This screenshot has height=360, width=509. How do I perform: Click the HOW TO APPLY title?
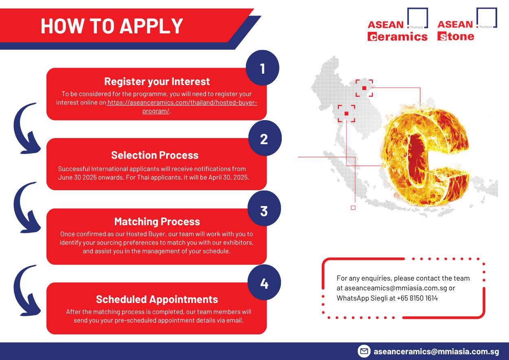pos(112,26)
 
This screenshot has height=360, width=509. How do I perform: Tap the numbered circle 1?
pos(263,68)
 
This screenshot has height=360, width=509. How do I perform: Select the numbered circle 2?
pos(265,138)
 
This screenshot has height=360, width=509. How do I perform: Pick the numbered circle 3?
pos(264,209)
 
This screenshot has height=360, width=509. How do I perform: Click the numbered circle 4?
pos(264,282)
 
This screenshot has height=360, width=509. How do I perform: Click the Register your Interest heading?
pos(157,81)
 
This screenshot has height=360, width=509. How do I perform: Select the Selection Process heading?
pos(155,155)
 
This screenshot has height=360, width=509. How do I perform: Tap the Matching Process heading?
pos(157,222)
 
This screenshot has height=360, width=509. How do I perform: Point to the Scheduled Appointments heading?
pos(157,299)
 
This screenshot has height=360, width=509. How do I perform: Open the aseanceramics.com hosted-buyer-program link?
pos(182,107)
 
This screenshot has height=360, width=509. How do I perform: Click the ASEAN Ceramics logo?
pos(398,24)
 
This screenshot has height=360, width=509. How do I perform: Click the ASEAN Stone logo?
pos(467,24)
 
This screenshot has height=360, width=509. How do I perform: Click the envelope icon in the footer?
pos(364,351)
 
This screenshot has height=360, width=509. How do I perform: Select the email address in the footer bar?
pos(436,351)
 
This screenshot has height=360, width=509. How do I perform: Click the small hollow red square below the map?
pos(353,208)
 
